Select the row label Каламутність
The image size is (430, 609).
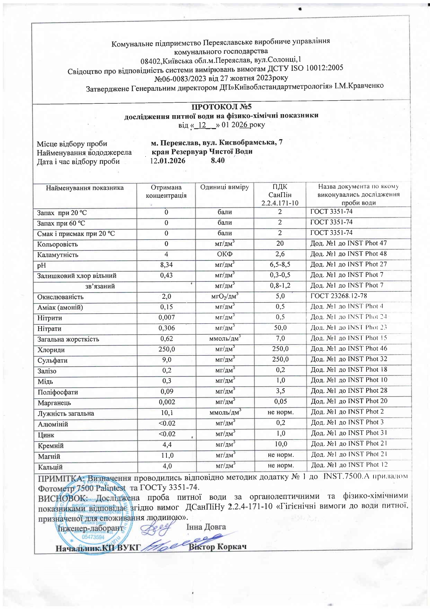pyautogui.click(x=58, y=255)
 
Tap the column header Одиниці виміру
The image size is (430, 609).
pyautogui.click(x=224, y=187)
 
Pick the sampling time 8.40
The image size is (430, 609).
pyautogui.click(x=218, y=160)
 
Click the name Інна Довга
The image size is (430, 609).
pyautogui.click(x=206, y=527)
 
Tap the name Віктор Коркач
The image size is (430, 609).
pyautogui.click(x=218, y=547)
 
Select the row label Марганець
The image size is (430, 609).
pyautogui.click(x=54, y=403)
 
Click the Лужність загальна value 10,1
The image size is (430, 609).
pyautogui.click(x=167, y=413)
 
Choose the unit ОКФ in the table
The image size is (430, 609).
pyautogui.click(x=224, y=254)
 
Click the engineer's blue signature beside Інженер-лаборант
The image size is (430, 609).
pyautogui.click(x=156, y=528)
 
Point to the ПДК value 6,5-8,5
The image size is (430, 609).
pyautogui.click(x=280, y=264)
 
